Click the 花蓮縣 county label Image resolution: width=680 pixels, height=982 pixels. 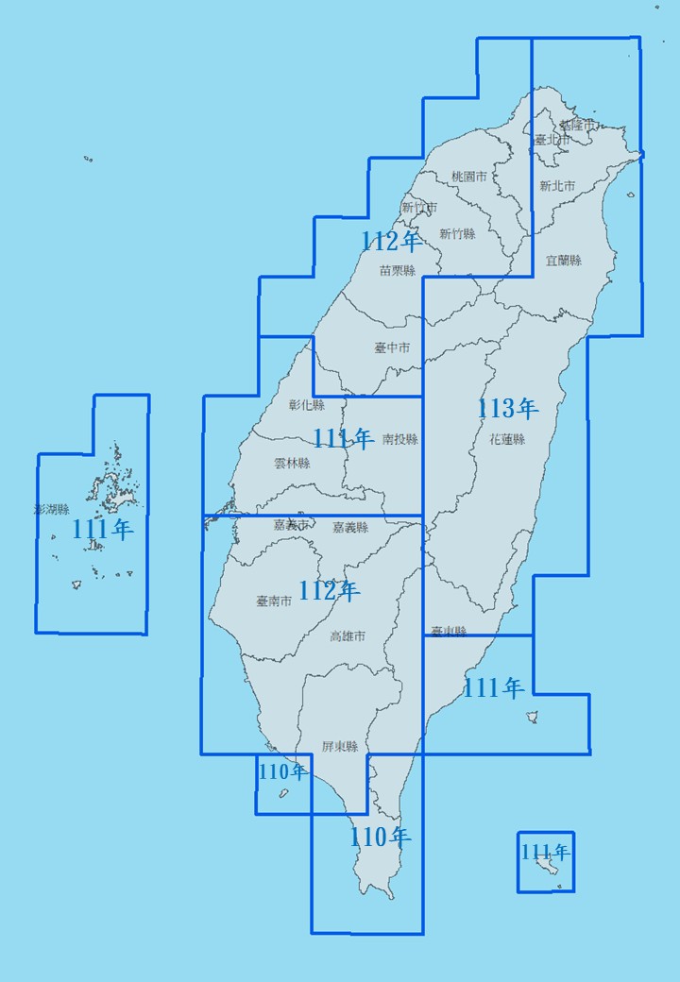(x=507, y=439)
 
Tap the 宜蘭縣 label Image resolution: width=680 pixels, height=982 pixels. (x=564, y=260)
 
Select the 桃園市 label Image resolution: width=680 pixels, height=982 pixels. (x=468, y=177)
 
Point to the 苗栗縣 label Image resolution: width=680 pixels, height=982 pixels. (x=397, y=270)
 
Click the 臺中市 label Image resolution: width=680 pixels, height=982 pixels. (x=392, y=347)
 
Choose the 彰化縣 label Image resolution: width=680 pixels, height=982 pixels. (x=306, y=405)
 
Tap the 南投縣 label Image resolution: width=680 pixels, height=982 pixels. (x=399, y=439)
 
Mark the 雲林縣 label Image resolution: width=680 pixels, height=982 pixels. (x=291, y=463)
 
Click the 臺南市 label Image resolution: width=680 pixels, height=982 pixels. (x=274, y=601)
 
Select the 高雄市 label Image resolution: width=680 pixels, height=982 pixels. (x=348, y=636)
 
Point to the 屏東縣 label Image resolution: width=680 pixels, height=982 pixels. (x=339, y=746)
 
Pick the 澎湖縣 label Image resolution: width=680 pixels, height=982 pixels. (x=51, y=509)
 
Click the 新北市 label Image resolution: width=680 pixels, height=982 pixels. (x=557, y=186)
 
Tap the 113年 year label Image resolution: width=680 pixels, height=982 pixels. (x=507, y=409)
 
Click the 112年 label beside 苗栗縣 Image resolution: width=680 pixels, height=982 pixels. (x=390, y=242)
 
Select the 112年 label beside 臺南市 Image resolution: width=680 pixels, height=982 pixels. (x=329, y=592)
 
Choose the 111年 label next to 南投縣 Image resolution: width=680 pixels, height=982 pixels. (x=342, y=438)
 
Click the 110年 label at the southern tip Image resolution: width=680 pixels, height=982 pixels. (x=380, y=837)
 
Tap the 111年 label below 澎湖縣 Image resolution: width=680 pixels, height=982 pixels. (x=103, y=530)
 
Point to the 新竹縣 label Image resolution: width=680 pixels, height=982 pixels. (x=457, y=233)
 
